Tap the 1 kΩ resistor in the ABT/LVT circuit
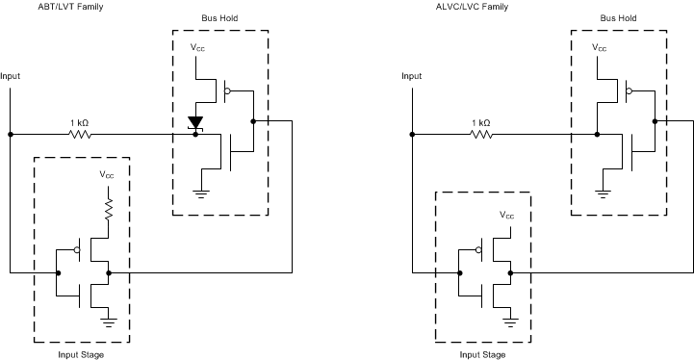[81, 135]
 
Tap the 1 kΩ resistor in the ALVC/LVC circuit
[480, 135]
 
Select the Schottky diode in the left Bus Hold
[196, 123]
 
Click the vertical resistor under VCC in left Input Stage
[108, 210]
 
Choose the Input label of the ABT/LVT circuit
[11, 75]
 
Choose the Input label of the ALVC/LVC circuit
[411, 75]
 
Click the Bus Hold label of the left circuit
[220, 18]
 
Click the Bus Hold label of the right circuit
[620, 18]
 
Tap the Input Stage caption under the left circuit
[82, 354]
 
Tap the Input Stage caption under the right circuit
[482, 354]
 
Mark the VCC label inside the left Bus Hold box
[196, 47]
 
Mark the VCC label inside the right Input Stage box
[507, 216]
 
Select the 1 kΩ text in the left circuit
[81, 122]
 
